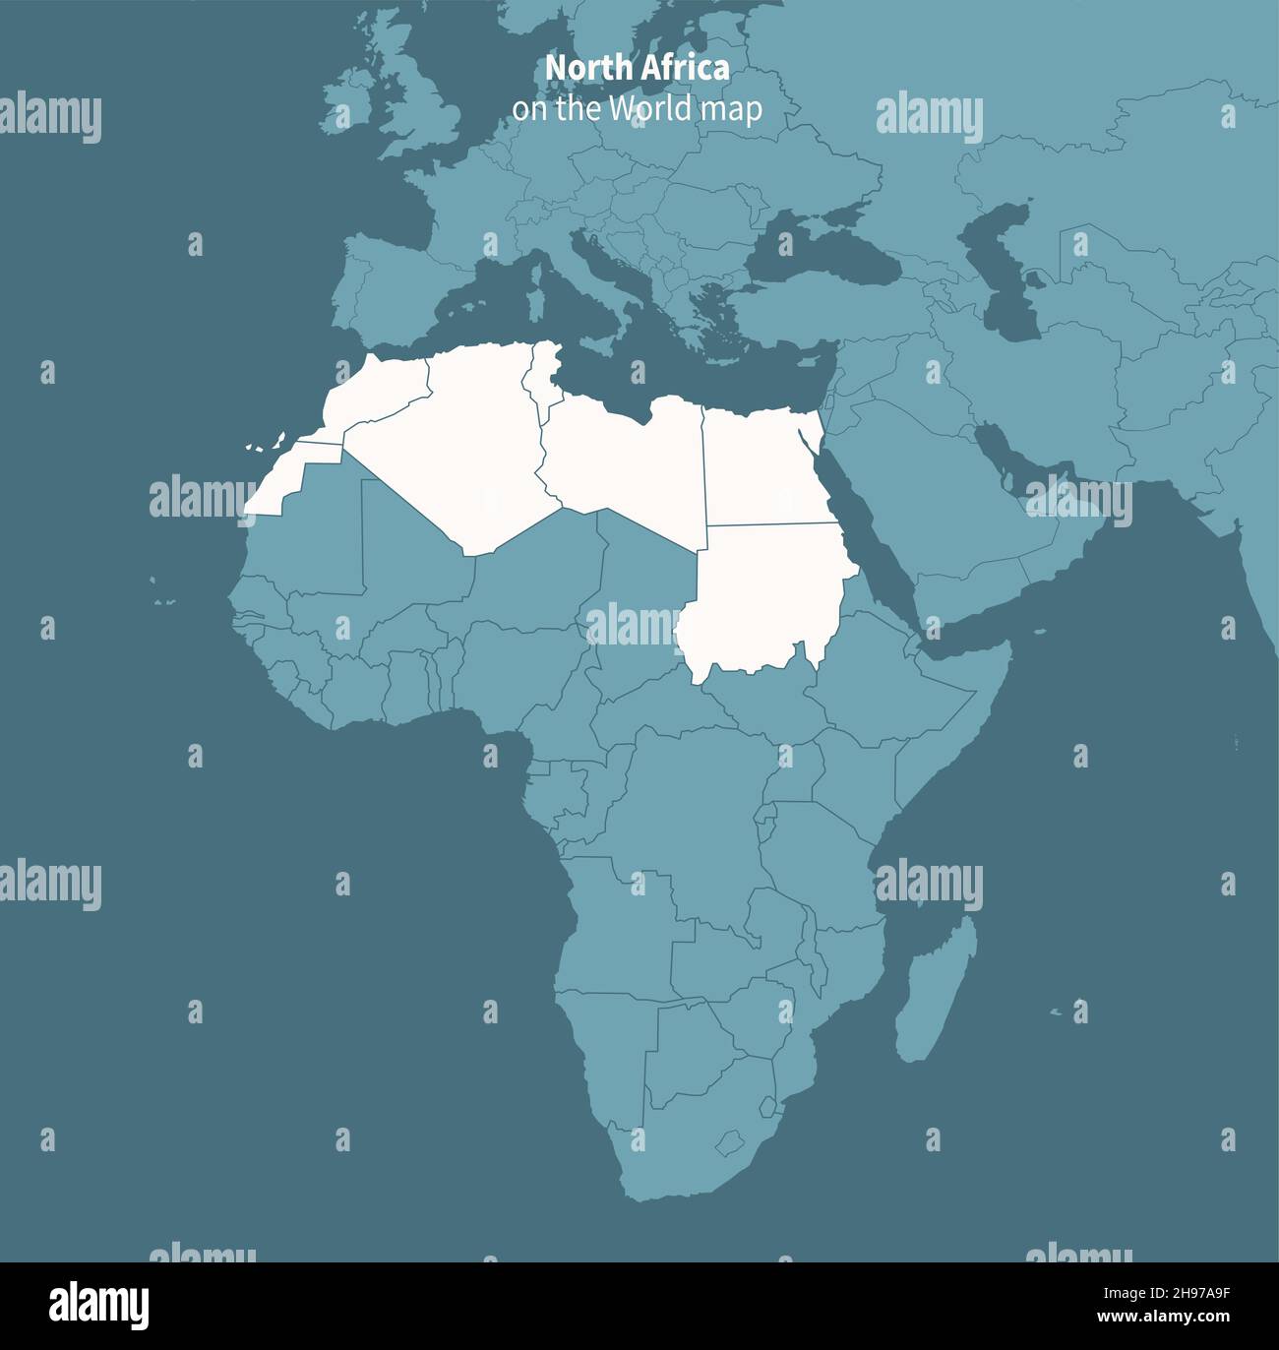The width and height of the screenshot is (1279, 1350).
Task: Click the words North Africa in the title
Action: [x=638, y=68]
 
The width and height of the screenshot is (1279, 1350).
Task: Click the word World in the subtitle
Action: [x=650, y=108]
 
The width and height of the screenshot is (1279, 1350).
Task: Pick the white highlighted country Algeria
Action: [x=462, y=443]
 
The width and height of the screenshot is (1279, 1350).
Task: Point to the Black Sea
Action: [x=822, y=246]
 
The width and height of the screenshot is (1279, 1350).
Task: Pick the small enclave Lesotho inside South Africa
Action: [x=729, y=1143]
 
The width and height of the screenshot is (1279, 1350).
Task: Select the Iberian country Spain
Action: [x=389, y=285]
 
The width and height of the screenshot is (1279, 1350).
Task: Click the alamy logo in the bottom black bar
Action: [x=99, y=1306]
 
